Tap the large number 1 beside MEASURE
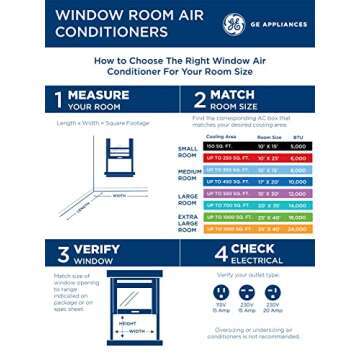[60, 99]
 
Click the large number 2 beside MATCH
[191, 99]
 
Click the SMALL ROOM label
[187, 152]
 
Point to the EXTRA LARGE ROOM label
[187, 223]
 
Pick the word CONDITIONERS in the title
[96, 31]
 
